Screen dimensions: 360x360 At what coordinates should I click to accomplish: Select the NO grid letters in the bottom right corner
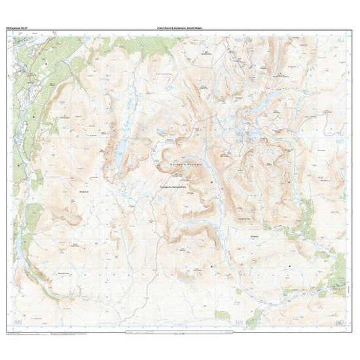(340, 322)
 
